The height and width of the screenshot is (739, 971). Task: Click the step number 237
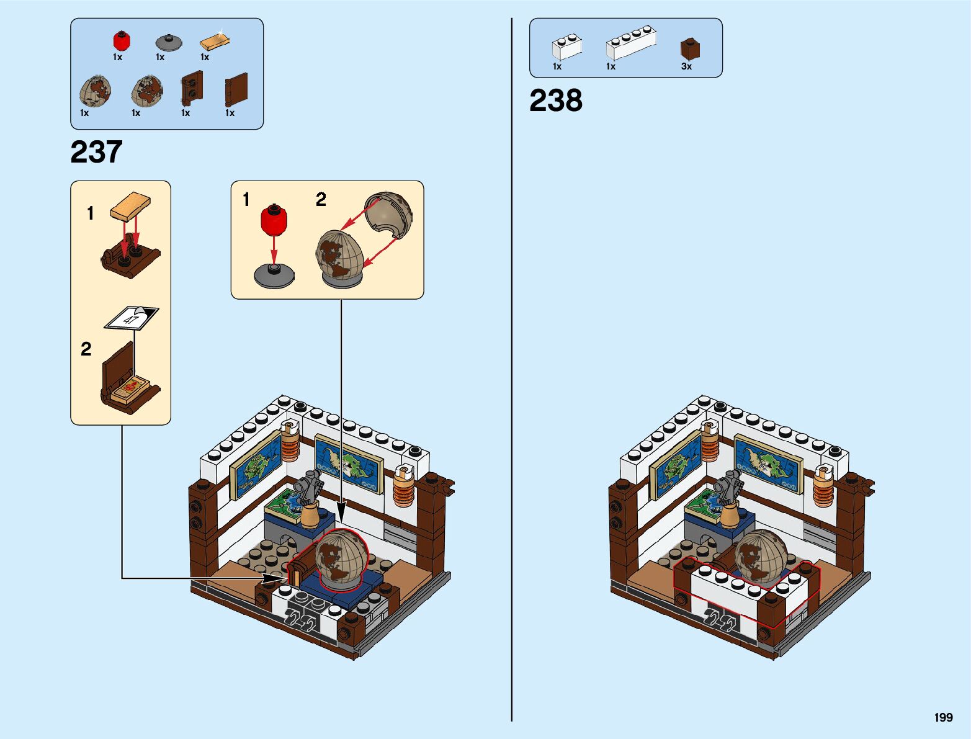click(x=96, y=152)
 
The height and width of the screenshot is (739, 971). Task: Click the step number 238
click(x=555, y=101)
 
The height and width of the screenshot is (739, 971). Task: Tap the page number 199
click(x=943, y=717)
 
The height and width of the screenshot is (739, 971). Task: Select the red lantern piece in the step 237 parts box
click(x=122, y=41)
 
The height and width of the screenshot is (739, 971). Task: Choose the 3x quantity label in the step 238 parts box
click(x=686, y=66)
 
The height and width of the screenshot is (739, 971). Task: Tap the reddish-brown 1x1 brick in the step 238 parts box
click(x=689, y=49)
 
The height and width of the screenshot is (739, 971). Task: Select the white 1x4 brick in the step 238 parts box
click(x=630, y=42)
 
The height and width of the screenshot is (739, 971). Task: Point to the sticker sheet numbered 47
click(x=132, y=318)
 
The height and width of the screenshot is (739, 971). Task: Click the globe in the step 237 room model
click(x=341, y=557)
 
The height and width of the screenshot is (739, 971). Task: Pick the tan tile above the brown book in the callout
click(x=130, y=206)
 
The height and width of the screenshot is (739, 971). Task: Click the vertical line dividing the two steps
click(x=512, y=372)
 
